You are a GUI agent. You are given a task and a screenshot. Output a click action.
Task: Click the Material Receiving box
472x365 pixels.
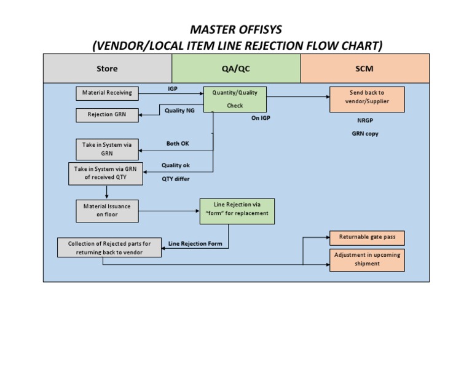[x=108, y=93]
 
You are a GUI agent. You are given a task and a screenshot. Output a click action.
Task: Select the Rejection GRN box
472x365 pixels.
[x=108, y=115]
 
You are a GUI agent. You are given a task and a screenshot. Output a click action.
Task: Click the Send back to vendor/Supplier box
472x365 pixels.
[x=366, y=99]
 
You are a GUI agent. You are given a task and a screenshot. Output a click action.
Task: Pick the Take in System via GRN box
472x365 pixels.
[x=106, y=149]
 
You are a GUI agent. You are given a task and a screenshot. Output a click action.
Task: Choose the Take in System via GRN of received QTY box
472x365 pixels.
[x=105, y=173]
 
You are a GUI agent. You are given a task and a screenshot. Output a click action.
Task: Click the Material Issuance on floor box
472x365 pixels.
[x=107, y=210]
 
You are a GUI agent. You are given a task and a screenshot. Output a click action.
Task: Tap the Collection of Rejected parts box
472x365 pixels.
[x=110, y=248]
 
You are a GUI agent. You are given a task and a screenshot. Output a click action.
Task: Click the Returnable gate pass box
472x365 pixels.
[x=368, y=237]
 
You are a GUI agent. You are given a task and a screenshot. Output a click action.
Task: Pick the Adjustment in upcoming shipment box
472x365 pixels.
[x=368, y=259]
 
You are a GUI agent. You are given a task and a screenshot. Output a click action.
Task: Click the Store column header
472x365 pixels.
[x=107, y=69]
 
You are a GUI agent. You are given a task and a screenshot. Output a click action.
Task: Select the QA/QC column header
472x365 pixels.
[x=236, y=69]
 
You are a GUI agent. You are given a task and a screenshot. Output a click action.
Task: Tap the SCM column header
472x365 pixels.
[x=364, y=69]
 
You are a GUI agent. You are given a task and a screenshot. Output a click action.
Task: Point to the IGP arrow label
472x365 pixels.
[x=174, y=89]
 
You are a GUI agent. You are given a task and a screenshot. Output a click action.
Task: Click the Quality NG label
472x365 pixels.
[x=179, y=111]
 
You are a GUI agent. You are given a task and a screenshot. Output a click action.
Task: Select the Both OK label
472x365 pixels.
[x=178, y=143]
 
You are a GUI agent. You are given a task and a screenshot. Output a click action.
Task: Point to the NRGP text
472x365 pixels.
[x=365, y=120]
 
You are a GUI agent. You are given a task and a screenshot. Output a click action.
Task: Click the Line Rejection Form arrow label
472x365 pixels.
[x=195, y=244]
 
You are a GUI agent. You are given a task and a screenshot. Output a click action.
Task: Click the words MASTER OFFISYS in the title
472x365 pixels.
[x=236, y=29]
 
